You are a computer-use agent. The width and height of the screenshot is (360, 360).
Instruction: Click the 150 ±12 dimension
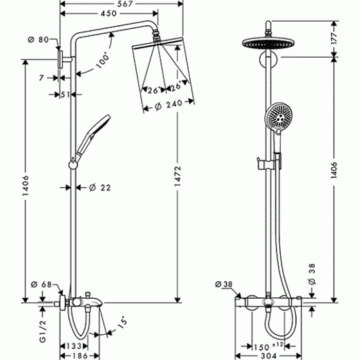pos(267,346)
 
